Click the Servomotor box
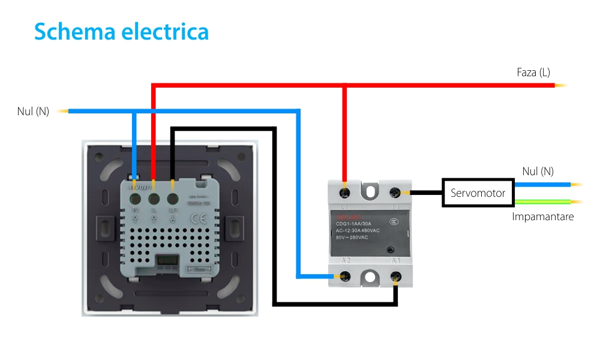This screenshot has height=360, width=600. pos(478,193)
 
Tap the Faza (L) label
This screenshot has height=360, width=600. pos(533,73)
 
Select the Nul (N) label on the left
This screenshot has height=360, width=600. pos(33,111)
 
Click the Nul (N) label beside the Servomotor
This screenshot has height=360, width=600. pos(538,172)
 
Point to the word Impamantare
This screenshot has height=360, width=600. pos(542,217)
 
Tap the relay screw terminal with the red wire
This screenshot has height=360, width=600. pos(345,193)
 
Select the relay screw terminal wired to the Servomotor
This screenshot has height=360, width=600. pos(395,193)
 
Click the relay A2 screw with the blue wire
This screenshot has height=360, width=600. pos(345,277)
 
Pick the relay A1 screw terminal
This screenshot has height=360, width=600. pos(395,277)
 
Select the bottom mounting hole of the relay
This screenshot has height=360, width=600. pos(370,277)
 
